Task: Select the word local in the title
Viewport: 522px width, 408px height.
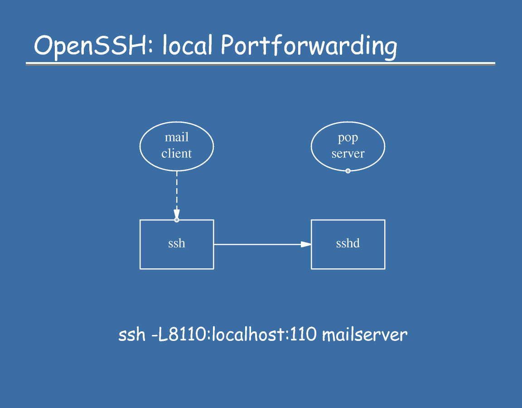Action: click(x=187, y=46)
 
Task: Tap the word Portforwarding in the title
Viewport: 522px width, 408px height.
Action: click(x=309, y=47)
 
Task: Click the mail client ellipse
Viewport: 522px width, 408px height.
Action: click(x=177, y=146)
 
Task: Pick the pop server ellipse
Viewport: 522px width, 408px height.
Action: click(x=348, y=146)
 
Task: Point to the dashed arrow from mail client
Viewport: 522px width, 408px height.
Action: click(x=177, y=190)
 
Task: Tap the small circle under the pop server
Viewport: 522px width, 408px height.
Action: click(x=348, y=171)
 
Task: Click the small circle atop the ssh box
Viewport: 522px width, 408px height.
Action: click(x=177, y=220)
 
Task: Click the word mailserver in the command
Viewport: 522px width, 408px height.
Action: click(x=365, y=335)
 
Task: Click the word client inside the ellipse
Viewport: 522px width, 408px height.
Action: click(x=177, y=154)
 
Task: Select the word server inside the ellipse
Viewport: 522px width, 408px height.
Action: click(x=348, y=154)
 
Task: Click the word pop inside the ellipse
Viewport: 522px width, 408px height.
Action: click(x=348, y=138)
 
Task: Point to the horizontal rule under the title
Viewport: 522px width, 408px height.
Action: click(x=260, y=64)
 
